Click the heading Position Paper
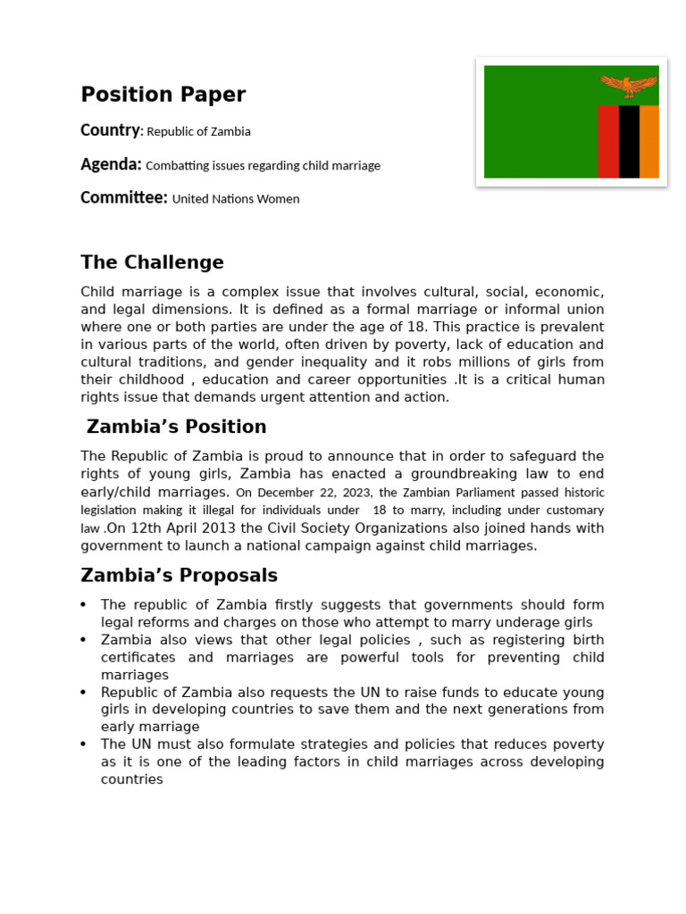[163, 95]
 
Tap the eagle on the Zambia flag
[629, 86]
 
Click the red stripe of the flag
[607, 141]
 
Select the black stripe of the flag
[629, 141]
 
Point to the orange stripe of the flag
[649, 141]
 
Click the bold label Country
[110, 130]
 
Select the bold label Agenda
[111, 164]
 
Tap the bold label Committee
[123, 198]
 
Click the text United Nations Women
[236, 199]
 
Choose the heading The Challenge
[152, 262]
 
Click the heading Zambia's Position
[176, 427]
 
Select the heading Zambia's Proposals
[179, 575]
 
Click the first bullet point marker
[84, 605]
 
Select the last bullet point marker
[84, 744]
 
